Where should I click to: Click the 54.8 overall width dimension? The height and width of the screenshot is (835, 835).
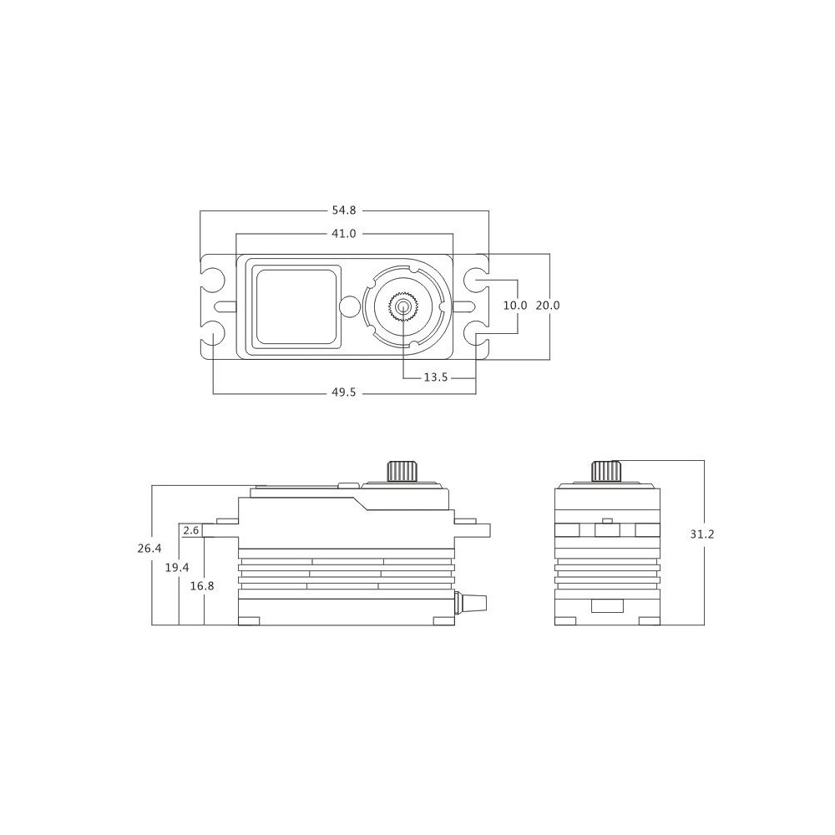click(x=343, y=210)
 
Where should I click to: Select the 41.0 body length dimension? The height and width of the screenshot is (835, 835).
click(x=343, y=233)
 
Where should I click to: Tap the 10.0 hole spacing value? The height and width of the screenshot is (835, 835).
click(x=515, y=305)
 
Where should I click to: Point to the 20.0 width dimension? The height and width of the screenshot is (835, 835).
click(x=548, y=305)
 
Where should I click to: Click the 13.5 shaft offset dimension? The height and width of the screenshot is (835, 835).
click(x=436, y=377)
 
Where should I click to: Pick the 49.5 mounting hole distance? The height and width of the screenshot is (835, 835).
click(x=343, y=393)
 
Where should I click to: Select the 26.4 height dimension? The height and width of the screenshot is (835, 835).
click(x=149, y=548)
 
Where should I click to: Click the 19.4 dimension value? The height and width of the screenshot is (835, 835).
click(x=177, y=568)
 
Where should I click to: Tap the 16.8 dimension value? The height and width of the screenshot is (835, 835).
click(x=202, y=586)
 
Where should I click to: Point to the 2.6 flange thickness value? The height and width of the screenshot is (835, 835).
click(x=190, y=530)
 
